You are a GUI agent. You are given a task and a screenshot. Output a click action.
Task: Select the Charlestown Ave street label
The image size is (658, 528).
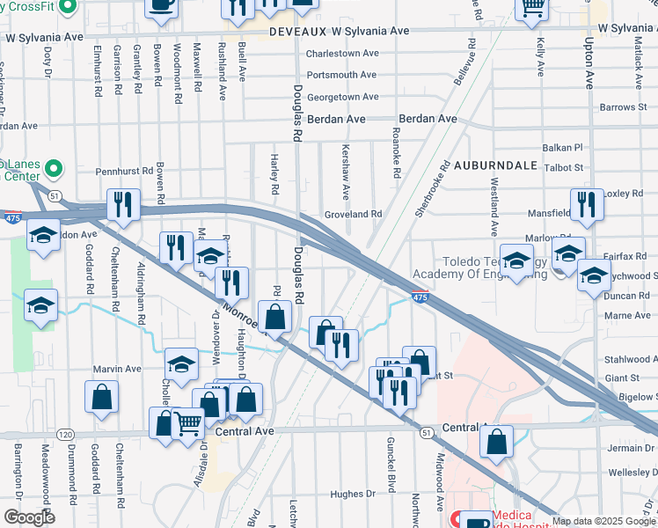coord(341,54)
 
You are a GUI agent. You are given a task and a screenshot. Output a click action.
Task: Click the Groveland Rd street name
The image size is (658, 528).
coord(352,214)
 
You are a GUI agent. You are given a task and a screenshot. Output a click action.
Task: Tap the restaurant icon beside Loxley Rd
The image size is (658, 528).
coord(587,205)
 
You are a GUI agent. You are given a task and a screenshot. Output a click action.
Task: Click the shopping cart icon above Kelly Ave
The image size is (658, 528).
coord(532,7)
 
